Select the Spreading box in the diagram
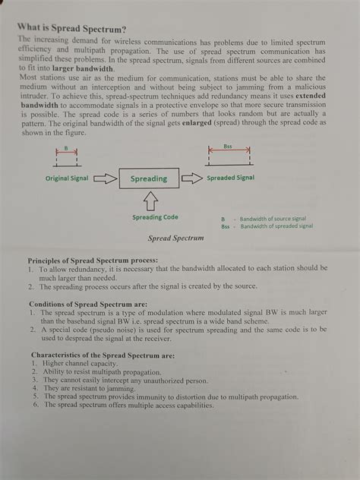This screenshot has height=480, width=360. point(148,178)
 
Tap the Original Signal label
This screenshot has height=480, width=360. point(66,179)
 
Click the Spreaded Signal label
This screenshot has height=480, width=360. point(230,178)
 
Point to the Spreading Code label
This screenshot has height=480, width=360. point(155,217)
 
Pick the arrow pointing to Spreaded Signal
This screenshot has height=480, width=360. point(193,178)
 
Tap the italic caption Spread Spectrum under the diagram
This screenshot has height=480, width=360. point(176,238)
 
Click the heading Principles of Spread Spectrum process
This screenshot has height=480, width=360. point(93,261)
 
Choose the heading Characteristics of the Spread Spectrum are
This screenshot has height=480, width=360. point(103,355)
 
